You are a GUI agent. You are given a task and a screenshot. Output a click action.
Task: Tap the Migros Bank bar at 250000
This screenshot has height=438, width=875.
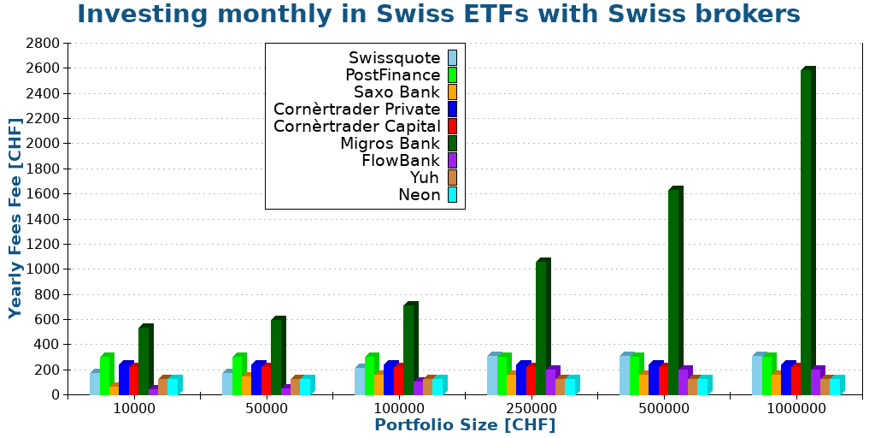tap(540, 328)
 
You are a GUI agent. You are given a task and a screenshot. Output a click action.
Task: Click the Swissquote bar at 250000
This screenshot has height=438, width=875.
tap(491, 376)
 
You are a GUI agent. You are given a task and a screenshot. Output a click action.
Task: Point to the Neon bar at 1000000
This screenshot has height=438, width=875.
tap(834, 386)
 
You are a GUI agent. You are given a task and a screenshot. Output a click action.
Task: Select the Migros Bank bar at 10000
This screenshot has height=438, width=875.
tap(143, 361)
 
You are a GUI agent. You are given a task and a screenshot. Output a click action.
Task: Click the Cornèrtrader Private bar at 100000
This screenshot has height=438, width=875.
tap(388, 379)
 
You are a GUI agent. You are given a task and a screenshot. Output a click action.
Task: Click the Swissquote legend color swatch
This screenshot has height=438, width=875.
tap(452, 58)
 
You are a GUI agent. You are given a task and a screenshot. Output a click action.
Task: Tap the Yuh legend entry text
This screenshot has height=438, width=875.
tap(424, 178)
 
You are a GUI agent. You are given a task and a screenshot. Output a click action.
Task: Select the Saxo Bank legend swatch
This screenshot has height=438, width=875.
tap(452, 92)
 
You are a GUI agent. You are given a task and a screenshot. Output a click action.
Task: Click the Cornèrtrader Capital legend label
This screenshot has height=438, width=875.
tap(356, 127)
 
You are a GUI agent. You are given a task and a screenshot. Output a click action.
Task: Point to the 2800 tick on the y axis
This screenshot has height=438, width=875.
tap(44, 43)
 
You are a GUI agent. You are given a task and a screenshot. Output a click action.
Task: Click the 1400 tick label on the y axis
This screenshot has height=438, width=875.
tap(44, 219)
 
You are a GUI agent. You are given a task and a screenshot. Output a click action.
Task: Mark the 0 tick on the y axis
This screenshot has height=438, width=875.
tap(55, 394)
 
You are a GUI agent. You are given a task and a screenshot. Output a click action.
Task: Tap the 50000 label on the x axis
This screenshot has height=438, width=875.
tap(267, 409)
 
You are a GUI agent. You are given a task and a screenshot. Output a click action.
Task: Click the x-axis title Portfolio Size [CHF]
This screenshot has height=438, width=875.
tap(465, 425)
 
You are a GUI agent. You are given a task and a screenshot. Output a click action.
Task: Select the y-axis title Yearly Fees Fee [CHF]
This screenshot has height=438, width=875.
tap(15, 218)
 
